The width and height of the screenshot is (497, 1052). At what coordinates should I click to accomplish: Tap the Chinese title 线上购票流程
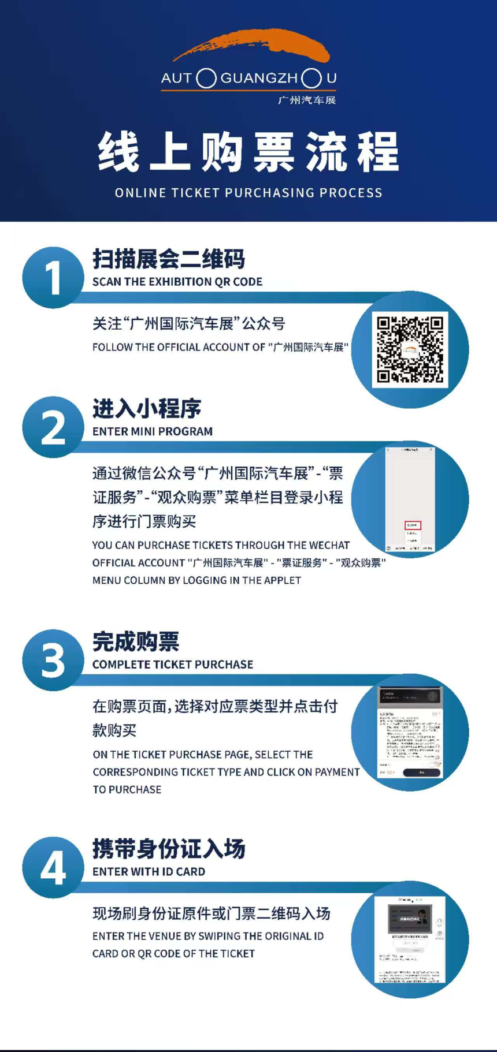248,152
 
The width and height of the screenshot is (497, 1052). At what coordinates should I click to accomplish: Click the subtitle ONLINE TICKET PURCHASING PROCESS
248,193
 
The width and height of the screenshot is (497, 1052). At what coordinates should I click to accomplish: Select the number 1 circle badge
53,278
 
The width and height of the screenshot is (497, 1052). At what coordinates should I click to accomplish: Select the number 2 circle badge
53,427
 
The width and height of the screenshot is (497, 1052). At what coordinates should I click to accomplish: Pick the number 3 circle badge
53,660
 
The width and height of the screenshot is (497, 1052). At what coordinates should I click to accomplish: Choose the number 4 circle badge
53,867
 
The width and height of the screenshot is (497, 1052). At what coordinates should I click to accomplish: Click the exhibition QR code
410,349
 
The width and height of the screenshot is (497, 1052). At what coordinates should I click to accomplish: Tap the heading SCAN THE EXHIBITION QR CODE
177,282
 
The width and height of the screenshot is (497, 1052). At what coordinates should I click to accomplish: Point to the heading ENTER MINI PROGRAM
153,431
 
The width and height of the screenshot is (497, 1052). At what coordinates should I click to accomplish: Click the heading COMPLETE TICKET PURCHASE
173,665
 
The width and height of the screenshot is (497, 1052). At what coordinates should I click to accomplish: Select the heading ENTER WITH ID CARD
149,872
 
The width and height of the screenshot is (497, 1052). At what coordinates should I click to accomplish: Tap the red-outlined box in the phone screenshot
413,525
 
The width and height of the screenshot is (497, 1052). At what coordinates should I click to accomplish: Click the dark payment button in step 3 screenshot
422,773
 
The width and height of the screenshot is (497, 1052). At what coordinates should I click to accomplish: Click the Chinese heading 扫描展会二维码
169,259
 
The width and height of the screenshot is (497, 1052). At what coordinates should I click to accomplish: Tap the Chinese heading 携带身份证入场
169,849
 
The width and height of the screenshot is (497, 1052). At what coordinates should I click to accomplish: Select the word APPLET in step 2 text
282,580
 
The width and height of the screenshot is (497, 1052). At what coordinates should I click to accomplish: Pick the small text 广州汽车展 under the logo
306,100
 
